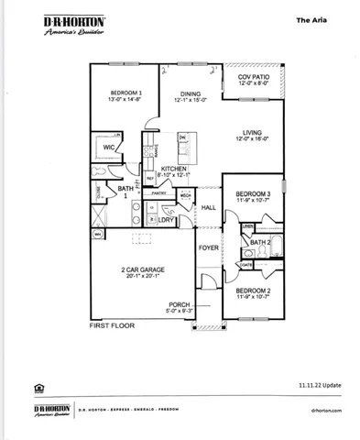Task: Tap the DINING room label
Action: [190, 93]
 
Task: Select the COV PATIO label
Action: [254, 77]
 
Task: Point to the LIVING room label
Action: [254, 131]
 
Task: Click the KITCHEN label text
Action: [174, 170]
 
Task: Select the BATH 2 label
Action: [260, 242]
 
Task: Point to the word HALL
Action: [208, 208]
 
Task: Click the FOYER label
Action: [210, 247]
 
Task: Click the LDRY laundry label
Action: [167, 220]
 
